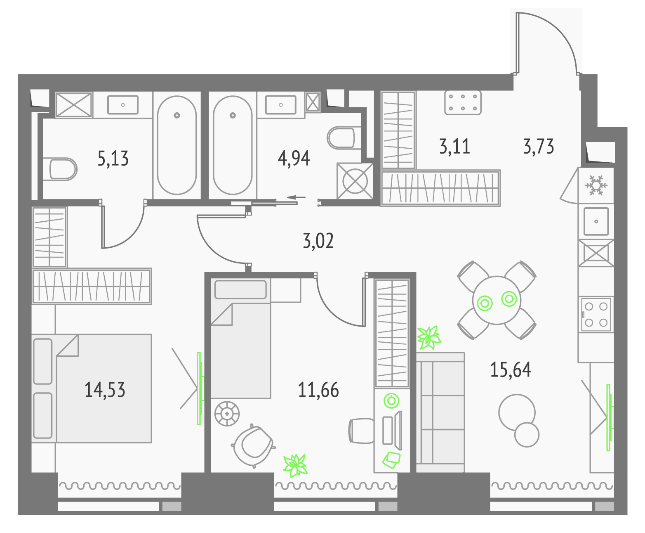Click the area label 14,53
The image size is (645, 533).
pyautogui.click(x=105, y=390)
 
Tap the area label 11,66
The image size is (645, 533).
pyautogui.click(x=318, y=390)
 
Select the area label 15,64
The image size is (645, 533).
pyautogui.click(x=511, y=370)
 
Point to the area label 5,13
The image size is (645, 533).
pyautogui.click(x=113, y=159)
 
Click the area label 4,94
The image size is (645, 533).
pyautogui.click(x=294, y=159)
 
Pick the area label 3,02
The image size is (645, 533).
pyautogui.click(x=318, y=241)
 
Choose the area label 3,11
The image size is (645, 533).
pyautogui.click(x=455, y=146)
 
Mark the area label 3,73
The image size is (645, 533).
pyautogui.click(x=539, y=146)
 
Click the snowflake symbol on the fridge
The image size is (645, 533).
pyautogui.click(x=596, y=186)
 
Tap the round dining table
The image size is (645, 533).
pyautogui.click(x=497, y=300)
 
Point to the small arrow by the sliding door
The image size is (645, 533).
pyautogui.click(x=296, y=197)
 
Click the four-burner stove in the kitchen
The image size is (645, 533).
pyautogui.click(x=596, y=314)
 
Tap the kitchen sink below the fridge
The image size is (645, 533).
pyautogui.click(x=596, y=221)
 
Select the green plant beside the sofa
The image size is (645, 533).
pyautogui.click(x=429, y=337)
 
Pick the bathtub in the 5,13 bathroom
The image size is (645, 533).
pyautogui.click(x=177, y=145)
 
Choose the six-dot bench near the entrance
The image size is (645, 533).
pyautogui.click(x=463, y=103)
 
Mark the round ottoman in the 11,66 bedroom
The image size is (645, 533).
pyautogui.click(x=227, y=414)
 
